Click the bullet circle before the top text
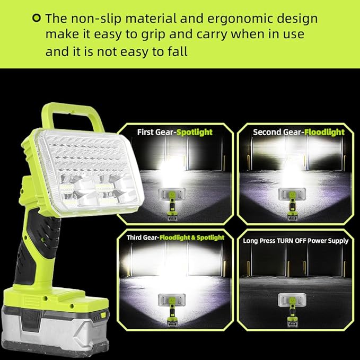tap(36, 19)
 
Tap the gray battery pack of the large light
tap(53, 324)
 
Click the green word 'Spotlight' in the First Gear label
tap(194, 132)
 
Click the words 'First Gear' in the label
tap(156, 132)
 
